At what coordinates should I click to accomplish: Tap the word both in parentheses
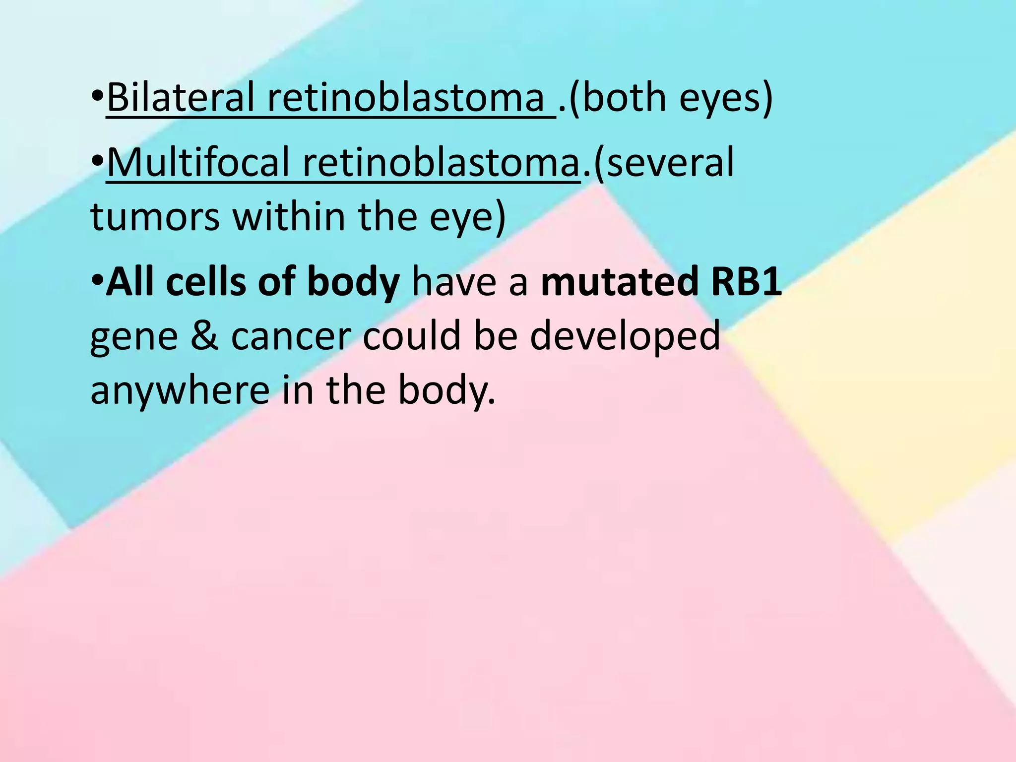(x=624, y=97)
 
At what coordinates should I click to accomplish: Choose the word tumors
(x=155, y=217)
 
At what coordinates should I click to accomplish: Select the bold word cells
(x=206, y=281)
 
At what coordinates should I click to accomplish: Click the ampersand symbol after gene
(x=204, y=336)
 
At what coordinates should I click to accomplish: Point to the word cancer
(x=291, y=336)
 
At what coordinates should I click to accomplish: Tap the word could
(x=412, y=335)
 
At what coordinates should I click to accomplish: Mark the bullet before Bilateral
(x=97, y=95)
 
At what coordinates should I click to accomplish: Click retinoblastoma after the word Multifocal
(x=441, y=162)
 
